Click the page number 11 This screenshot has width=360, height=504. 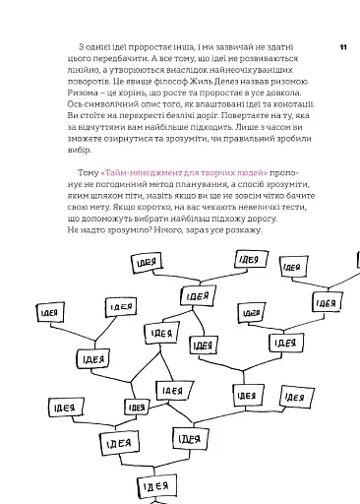(x=342, y=45)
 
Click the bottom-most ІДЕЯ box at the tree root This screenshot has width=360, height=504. (x=152, y=486)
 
